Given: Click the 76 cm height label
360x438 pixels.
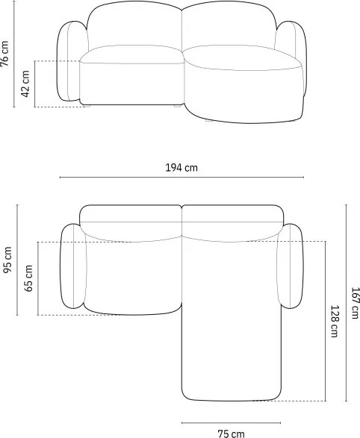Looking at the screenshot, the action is pyautogui.click(x=4, y=54).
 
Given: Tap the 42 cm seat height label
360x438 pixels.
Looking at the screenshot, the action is pyautogui.click(x=25, y=84).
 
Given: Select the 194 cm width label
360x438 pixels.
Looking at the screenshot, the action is pyautogui.click(x=181, y=168).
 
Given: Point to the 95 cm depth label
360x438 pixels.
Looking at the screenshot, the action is pyautogui.click(x=7, y=260).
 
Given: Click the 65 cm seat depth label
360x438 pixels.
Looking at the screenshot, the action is pyautogui.click(x=28, y=278).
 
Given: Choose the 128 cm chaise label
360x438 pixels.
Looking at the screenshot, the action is pyautogui.click(x=335, y=322).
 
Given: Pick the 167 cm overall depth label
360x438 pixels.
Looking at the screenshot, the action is pyautogui.click(x=355, y=303).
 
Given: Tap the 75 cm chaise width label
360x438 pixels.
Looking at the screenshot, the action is pyautogui.click(x=231, y=434).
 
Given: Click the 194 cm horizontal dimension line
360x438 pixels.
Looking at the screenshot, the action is pyautogui.click(x=181, y=177).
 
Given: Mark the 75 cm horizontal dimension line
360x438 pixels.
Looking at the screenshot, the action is pyautogui.click(x=231, y=422).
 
